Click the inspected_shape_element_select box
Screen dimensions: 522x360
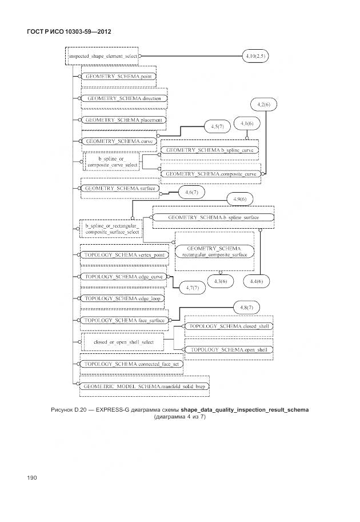tap(103, 57)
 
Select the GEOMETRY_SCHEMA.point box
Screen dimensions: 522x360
tap(118, 75)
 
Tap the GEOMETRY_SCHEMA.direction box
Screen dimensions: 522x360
tap(124, 98)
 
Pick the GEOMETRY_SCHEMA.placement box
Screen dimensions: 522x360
tap(123, 120)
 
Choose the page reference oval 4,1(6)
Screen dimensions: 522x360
tap(247, 123)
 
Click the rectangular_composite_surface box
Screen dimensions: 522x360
tap(214, 252)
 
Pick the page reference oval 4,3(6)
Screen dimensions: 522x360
tap(220, 281)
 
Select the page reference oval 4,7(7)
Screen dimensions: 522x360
tap(192, 288)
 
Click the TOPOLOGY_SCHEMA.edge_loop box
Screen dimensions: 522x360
tap(122, 298)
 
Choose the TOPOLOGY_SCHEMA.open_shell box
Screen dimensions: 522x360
tap(228, 349)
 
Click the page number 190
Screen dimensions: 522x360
tap(31, 477)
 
